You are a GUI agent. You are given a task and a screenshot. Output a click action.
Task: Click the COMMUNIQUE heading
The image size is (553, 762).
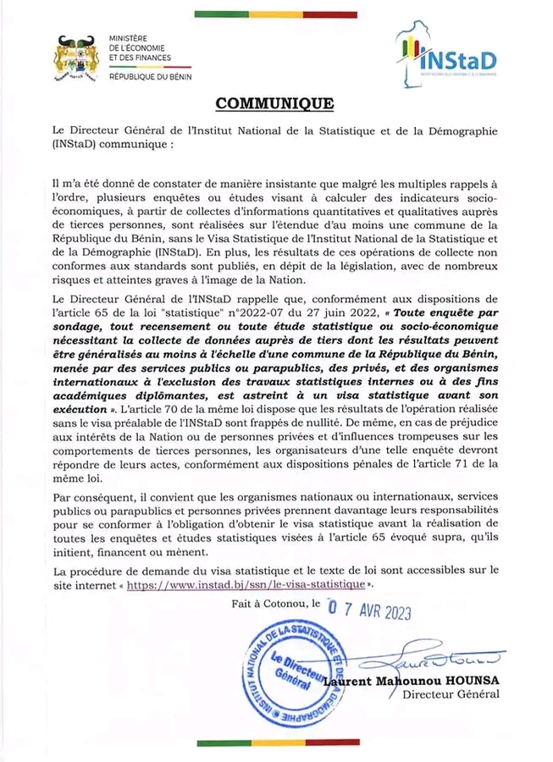point(275,104)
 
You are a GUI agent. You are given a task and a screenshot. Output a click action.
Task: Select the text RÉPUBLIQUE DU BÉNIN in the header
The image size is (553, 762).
point(151,77)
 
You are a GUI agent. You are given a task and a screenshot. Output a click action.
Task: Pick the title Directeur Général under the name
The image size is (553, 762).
point(451,695)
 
